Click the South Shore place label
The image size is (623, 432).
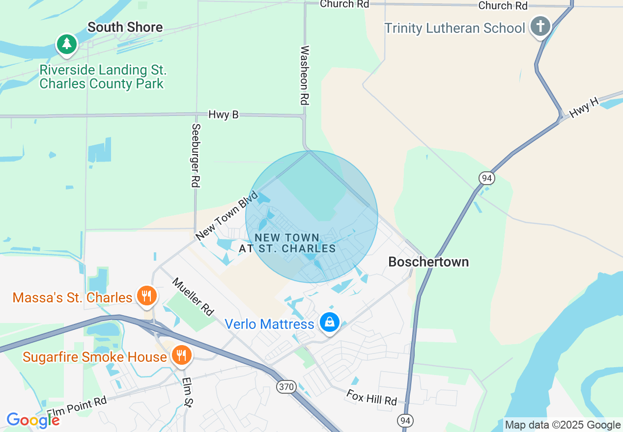click(125, 27)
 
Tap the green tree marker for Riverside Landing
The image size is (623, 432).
click(67, 44)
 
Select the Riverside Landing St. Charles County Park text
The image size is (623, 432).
click(103, 77)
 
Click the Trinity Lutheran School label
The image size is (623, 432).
click(454, 28)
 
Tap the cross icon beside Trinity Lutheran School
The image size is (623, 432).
click(540, 26)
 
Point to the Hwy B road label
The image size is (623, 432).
click(223, 114)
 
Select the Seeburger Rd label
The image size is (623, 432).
click(196, 155)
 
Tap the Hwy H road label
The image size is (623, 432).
click(584, 108)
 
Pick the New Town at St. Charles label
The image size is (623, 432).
click(287, 243)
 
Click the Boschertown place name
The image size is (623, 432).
click(428, 262)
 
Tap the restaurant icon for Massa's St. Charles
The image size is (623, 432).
click(146, 296)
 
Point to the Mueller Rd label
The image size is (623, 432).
click(193, 297)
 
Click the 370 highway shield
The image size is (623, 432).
click(286, 387)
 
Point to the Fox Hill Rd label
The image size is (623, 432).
click(371, 397)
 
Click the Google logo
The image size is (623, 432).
click(33, 420)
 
